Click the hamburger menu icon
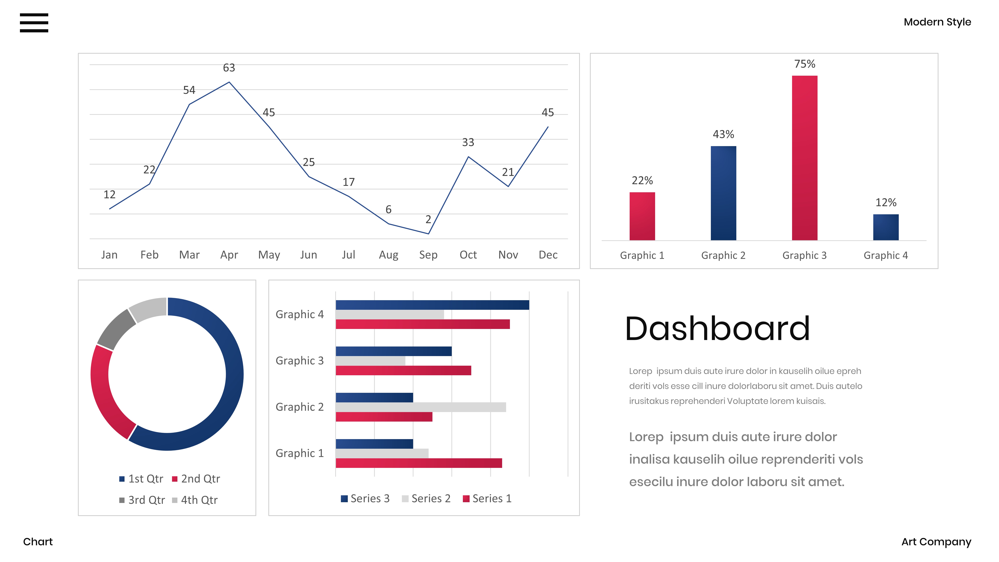click(34, 22)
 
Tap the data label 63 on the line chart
click(229, 68)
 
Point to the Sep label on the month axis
click(428, 255)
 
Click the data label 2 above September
click(428, 220)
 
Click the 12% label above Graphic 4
click(886, 202)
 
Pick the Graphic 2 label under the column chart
click(723, 255)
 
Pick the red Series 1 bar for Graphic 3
click(403, 370)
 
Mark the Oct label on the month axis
click(468, 255)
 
